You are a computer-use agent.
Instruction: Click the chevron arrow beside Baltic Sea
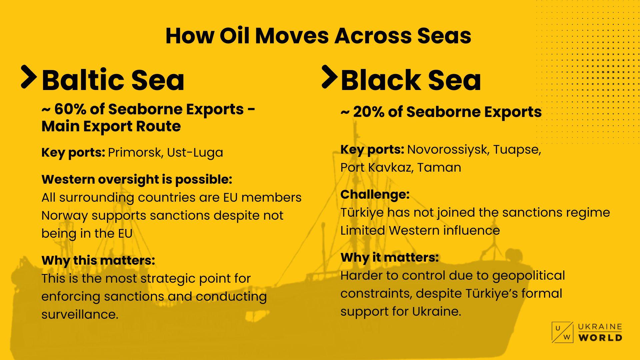(29, 77)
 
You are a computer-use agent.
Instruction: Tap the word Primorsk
(135, 153)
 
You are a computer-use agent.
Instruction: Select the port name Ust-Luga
(195, 153)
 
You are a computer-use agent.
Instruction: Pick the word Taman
(439, 167)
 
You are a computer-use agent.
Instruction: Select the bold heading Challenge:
(375, 194)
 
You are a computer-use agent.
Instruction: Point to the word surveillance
(80, 314)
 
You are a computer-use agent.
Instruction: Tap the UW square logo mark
(563, 332)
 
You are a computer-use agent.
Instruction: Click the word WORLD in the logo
(600, 337)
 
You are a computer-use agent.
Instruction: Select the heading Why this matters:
(98, 260)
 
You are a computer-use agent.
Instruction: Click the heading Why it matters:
(389, 257)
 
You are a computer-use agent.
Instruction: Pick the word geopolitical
(529, 276)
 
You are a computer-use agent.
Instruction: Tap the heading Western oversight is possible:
(137, 180)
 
